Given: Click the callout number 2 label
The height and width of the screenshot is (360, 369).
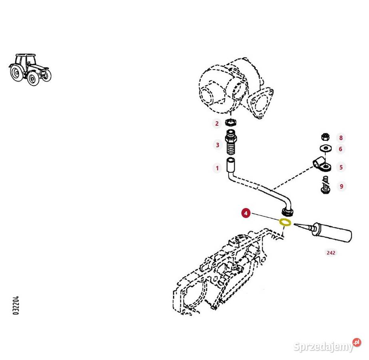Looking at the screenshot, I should click(217, 124).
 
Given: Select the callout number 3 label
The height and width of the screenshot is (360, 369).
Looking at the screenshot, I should click(217, 145).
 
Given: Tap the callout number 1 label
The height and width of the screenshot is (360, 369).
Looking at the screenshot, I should click(217, 168).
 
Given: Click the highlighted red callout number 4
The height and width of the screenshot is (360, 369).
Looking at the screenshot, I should click(246, 213).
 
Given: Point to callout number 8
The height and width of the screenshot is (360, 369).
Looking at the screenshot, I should click(341, 138).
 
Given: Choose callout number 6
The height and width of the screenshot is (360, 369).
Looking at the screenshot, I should click(341, 149).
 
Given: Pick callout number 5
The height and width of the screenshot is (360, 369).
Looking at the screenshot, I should click(341, 167).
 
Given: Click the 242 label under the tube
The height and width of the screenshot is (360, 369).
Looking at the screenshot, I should click(331, 253).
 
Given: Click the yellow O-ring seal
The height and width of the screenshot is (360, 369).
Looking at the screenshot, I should click(285, 222).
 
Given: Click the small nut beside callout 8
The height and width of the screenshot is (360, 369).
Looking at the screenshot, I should click(325, 137).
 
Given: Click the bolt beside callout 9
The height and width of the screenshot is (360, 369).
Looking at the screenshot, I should click(325, 186).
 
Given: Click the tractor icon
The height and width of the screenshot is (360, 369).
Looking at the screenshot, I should click(30, 69).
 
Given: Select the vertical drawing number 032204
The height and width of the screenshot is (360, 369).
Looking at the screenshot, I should click(16, 305).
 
